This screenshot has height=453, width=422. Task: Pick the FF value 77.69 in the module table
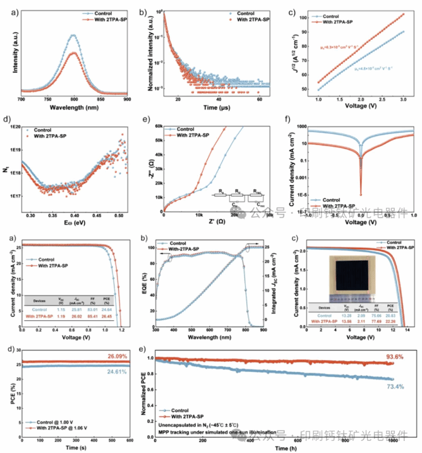pos(378,321)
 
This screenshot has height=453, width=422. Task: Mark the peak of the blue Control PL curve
pos(74,35)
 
